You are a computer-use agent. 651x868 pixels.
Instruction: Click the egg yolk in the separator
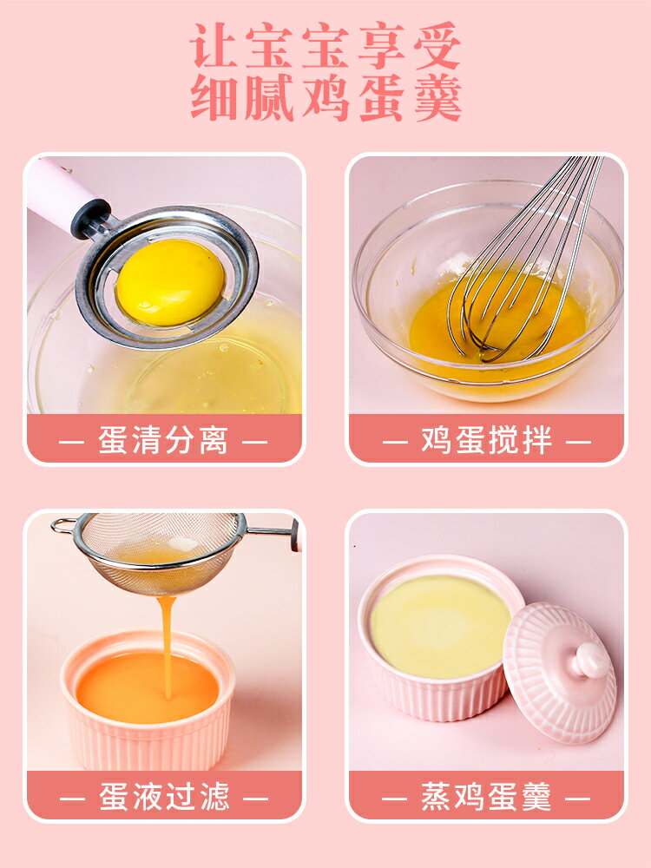click(170, 282)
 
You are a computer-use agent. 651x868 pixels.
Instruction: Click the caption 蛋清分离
click(163, 440)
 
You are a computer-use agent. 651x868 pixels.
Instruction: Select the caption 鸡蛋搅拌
click(486, 440)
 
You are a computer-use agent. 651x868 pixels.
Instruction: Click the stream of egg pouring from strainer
click(166, 642)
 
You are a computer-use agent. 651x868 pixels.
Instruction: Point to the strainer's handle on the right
click(273, 530)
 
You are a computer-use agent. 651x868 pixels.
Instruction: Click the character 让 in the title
click(213, 45)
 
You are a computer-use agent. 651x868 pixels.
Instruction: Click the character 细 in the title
click(213, 97)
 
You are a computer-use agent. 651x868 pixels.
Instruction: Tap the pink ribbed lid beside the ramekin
click(560, 673)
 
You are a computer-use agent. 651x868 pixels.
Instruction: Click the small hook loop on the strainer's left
click(62, 525)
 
